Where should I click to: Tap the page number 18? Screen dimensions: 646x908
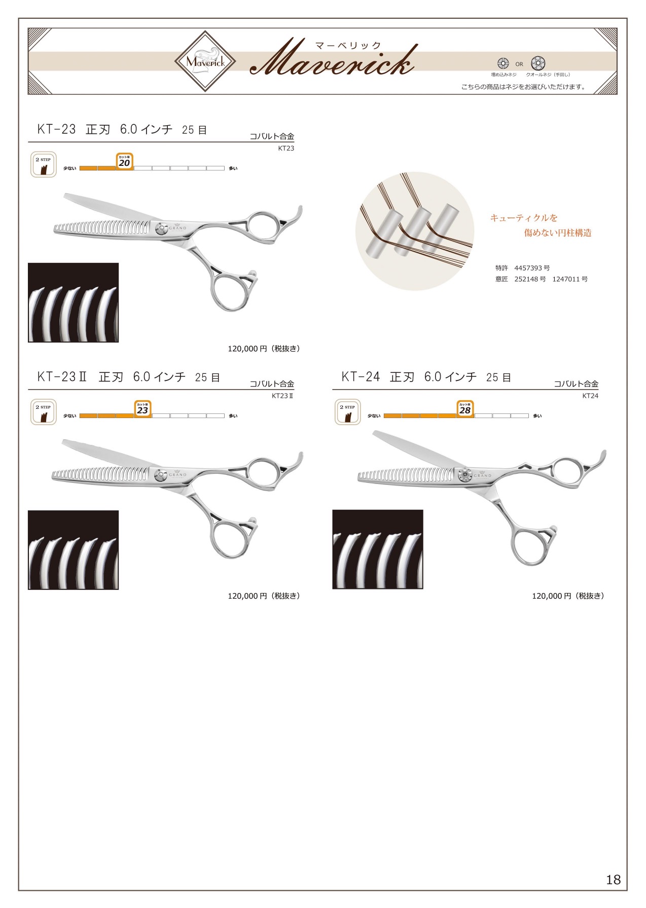[613, 879]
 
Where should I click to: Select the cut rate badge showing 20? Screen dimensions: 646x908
[124, 161]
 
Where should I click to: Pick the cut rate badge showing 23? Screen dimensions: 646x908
[142, 408]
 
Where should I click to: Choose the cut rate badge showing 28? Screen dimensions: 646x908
[465, 408]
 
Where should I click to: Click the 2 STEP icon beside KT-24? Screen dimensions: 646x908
[347, 412]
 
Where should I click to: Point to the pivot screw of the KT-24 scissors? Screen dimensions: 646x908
[465, 475]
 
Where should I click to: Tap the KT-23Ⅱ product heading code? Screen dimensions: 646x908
[62, 377]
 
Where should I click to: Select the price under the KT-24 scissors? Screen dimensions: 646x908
[568, 596]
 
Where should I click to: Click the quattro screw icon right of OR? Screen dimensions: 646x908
[538, 63]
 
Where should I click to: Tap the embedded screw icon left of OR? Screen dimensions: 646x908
[503, 63]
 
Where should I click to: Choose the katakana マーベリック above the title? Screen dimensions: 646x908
[348, 45]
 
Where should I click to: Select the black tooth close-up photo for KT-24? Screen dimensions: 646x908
[378, 549]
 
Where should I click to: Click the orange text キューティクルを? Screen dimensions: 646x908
[524, 218]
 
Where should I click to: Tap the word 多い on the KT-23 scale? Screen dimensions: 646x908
[233, 168]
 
